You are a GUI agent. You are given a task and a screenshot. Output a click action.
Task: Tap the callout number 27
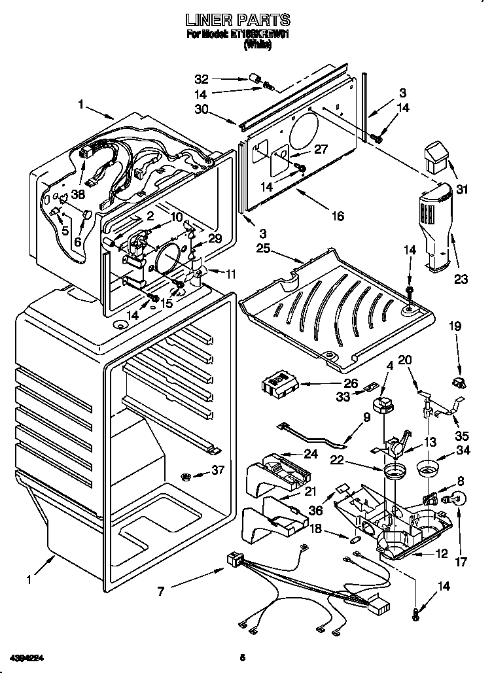tap(321, 149)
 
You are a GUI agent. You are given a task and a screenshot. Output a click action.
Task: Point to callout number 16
tap(337, 215)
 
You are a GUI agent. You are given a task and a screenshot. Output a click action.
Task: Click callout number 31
tap(463, 190)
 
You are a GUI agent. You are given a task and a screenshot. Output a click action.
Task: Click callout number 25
tap(263, 249)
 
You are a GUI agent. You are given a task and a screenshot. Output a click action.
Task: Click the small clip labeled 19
tap(457, 381)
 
